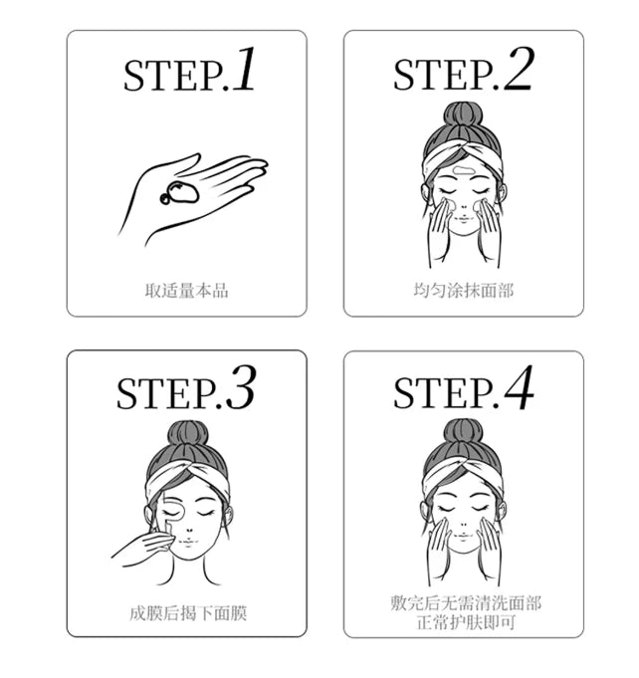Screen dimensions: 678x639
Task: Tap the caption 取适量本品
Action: point(186,291)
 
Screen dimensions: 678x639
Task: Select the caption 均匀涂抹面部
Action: point(464,291)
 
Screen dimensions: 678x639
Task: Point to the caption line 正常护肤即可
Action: point(465,621)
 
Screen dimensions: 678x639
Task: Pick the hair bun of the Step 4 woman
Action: point(463,431)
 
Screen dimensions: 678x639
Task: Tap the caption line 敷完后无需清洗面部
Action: point(465,603)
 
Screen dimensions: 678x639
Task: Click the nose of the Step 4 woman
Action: point(463,524)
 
